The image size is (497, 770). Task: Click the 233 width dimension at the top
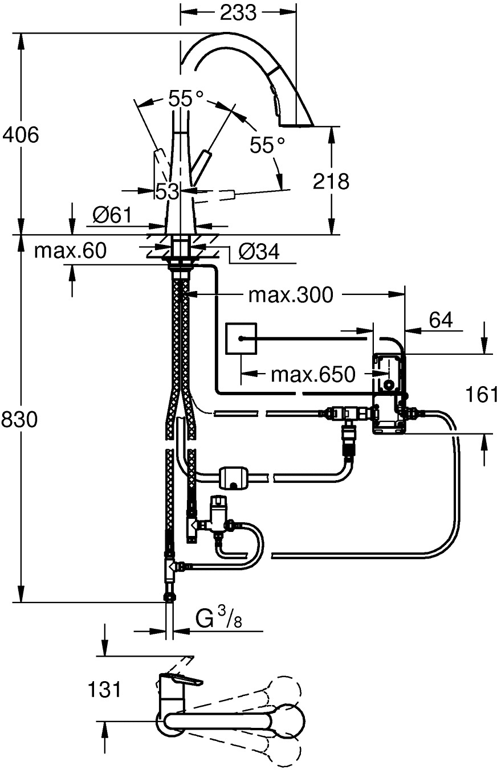(x=238, y=12)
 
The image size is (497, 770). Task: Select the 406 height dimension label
(x=21, y=135)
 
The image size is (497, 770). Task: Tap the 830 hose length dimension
(x=21, y=420)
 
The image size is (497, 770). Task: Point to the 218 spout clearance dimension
(x=330, y=181)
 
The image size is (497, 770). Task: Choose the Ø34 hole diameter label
(x=259, y=252)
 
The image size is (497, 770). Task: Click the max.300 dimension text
(x=290, y=294)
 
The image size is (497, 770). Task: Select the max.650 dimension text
(x=313, y=374)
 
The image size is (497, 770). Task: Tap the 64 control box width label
(x=441, y=320)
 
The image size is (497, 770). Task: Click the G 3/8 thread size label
(x=217, y=617)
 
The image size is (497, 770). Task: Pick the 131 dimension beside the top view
(x=104, y=690)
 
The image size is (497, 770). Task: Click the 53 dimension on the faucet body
(x=168, y=191)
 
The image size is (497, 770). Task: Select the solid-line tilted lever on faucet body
(x=200, y=166)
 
